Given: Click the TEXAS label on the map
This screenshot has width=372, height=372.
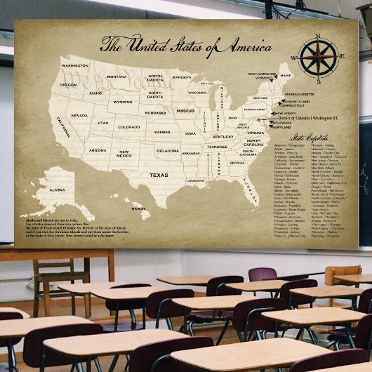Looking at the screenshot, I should click(x=159, y=175).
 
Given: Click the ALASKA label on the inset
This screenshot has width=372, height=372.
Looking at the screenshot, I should click(x=57, y=190).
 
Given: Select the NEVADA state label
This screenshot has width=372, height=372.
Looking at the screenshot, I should click(x=79, y=115).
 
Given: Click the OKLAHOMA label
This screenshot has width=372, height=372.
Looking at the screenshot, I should click(x=168, y=150).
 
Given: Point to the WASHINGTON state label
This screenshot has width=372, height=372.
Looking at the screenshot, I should click(x=75, y=66).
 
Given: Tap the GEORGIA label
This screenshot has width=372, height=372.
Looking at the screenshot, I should click(x=237, y=163).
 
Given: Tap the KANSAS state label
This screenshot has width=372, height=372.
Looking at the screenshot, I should click(x=162, y=131).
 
